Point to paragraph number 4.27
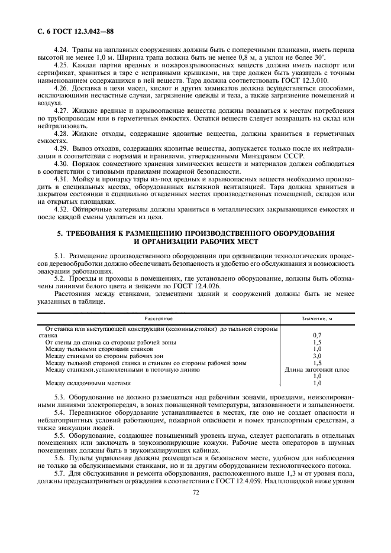tap(61, 110)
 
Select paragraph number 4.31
tap(61, 178)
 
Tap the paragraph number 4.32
tap(61, 209)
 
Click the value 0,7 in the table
tap(316, 335)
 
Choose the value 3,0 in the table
tap(316, 356)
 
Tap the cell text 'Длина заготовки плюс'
tap(316, 369)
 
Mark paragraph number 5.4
tap(61, 411)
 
